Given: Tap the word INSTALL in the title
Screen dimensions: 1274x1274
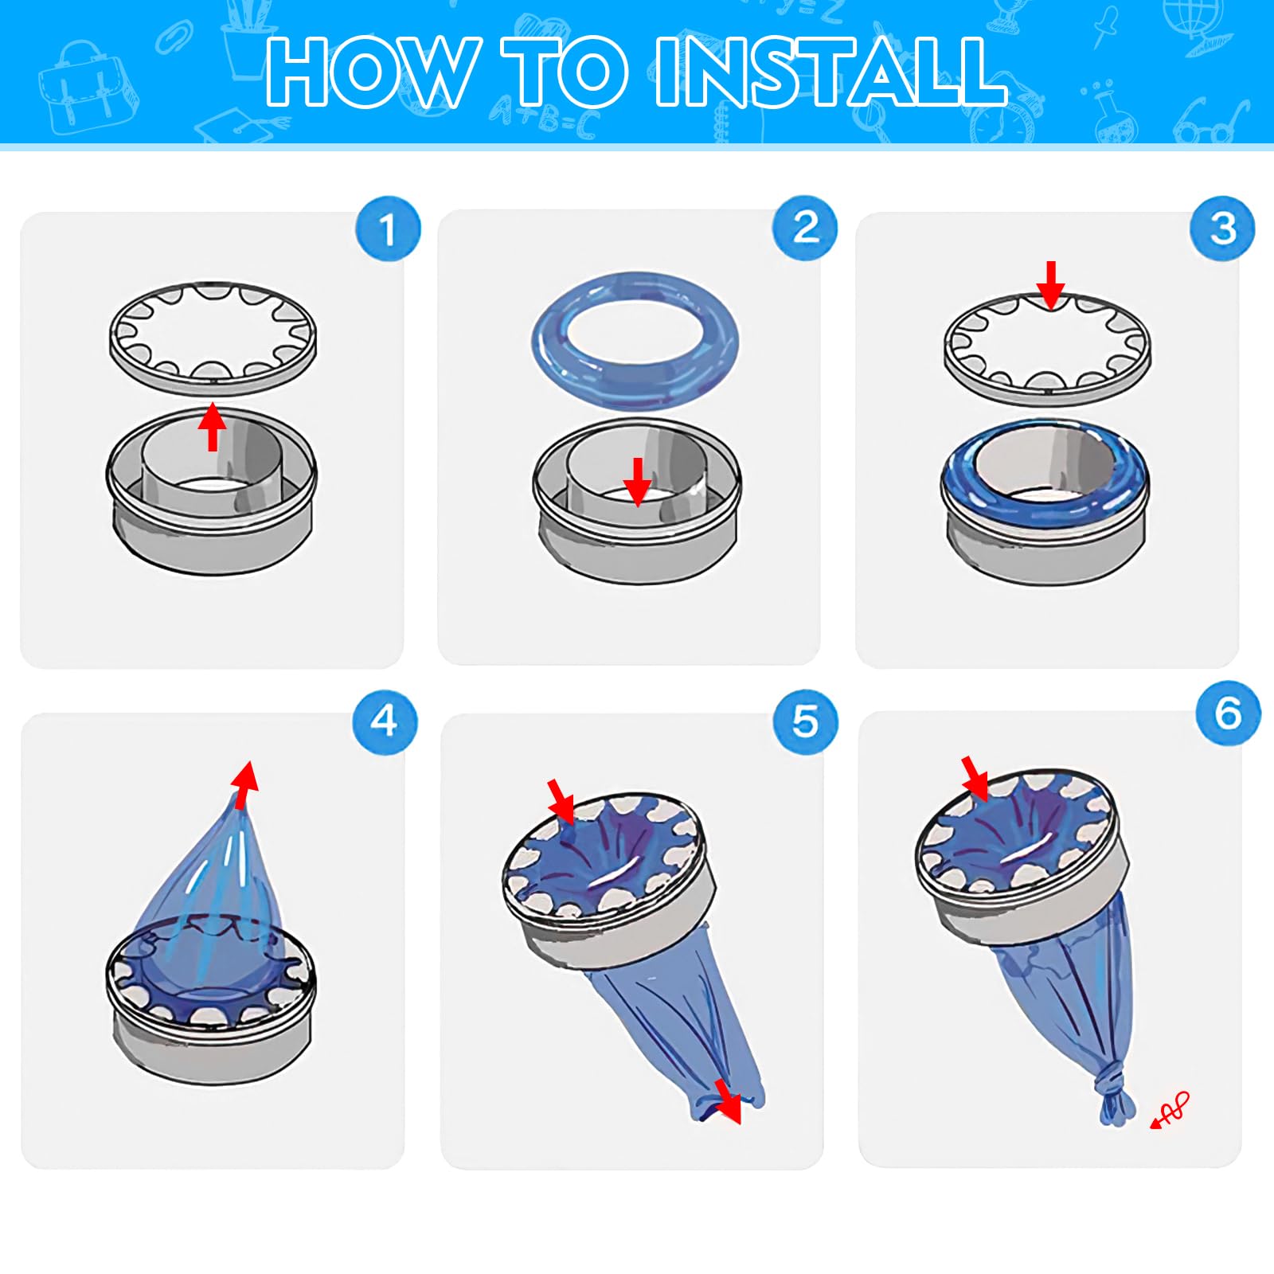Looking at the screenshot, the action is coord(831,72).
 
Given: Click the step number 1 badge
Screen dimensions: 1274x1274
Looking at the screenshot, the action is coord(388,229).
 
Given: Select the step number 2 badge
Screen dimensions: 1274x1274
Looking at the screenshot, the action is coord(805,229).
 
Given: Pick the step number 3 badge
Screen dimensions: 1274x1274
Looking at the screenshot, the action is coord(1222,229).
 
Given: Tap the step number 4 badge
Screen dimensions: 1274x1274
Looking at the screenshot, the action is coord(385,722).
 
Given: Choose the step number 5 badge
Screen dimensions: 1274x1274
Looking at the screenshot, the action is coord(806,722).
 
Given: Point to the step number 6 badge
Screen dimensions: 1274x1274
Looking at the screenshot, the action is coord(1229,713).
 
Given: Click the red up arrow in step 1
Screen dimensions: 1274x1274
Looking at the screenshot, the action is coord(212,427).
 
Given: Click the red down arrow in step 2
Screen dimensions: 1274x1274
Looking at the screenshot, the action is coord(637,482).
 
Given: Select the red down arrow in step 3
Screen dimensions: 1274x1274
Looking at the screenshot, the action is coord(1051,285).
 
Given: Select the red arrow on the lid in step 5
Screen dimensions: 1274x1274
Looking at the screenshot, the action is coord(561,802).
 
